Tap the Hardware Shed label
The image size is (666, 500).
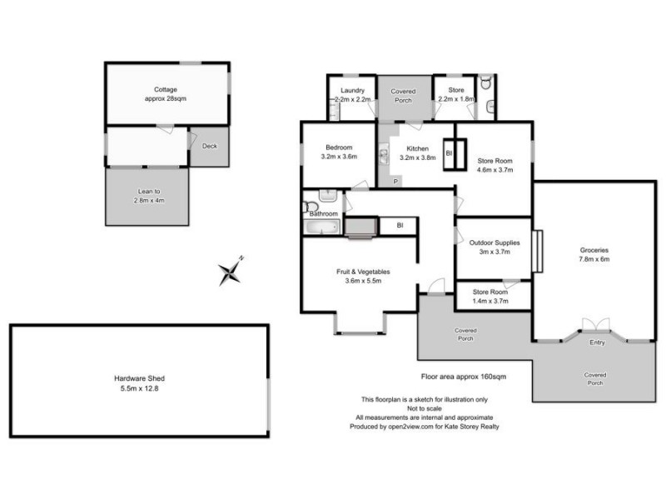pyautogui.click(x=139, y=383)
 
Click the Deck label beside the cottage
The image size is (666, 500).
pyautogui.click(x=210, y=146)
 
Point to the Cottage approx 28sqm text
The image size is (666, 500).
pyautogui.click(x=166, y=93)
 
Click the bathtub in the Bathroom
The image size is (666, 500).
pyautogui.click(x=322, y=226)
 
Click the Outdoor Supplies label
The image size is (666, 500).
pyautogui.click(x=495, y=247)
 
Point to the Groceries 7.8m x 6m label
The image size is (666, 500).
pyautogui.click(x=594, y=254)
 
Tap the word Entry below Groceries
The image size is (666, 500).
pyautogui.click(x=598, y=342)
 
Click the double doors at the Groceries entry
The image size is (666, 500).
pyautogui.click(x=597, y=324)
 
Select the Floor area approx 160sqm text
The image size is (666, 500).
pyautogui.click(x=465, y=377)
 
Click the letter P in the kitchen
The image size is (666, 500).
pyautogui.click(x=395, y=181)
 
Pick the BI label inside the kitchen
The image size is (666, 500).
pyautogui.click(x=448, y=153)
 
